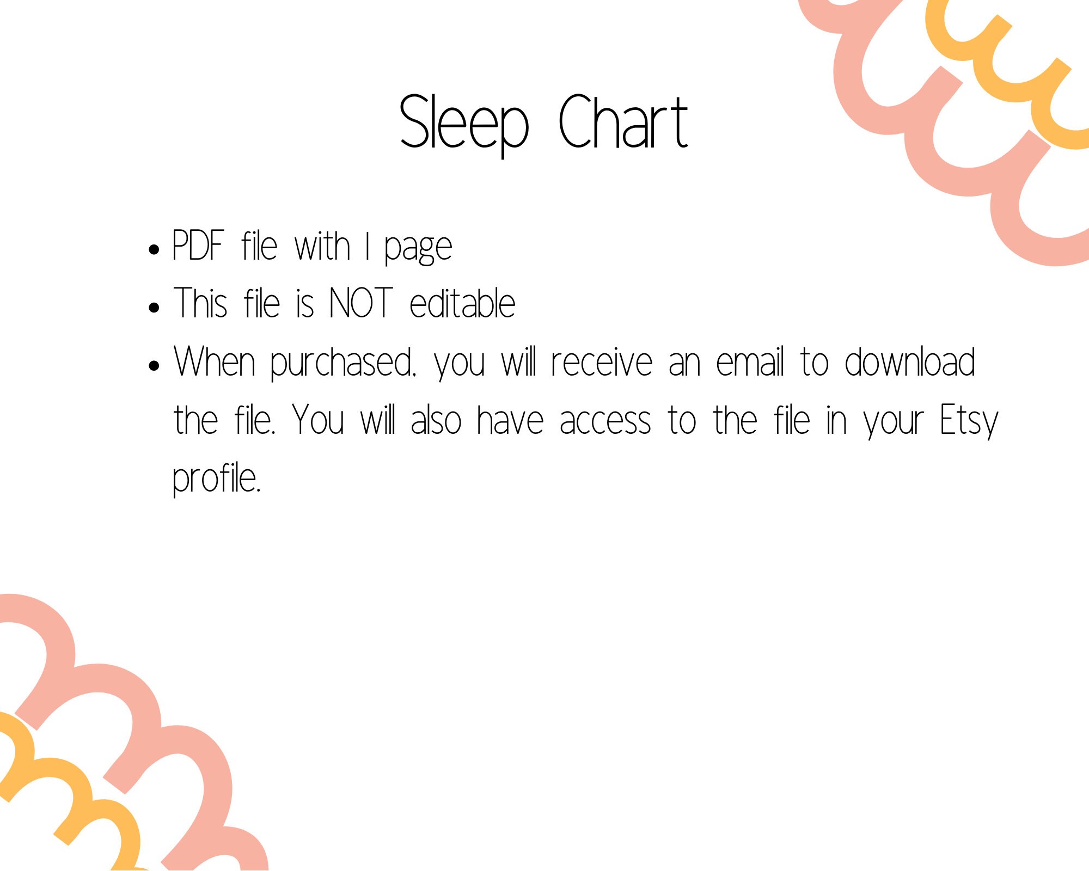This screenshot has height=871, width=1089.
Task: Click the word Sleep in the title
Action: pyautogui.click(x=464, y=122)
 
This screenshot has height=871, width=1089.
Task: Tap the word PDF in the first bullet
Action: pyautogui.click(x=198, y=246)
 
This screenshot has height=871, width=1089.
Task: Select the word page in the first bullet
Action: pyautogui.click(x=418, y=248)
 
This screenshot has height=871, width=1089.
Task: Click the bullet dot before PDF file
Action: pyautogui.click(x=154, y=249)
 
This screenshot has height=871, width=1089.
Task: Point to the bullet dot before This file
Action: pyautogui.click(x=154, y=307)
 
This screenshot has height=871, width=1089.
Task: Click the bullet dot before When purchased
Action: pyautogui.click(x=154, y=365)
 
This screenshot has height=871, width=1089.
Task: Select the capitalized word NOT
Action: pyautogui.click(x=361, y=303)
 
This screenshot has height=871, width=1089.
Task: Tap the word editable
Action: pyautogui.click(x=462, y=303)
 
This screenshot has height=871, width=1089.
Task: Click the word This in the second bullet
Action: pyautogui.click(x=200, y=303)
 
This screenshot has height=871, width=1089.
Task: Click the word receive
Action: pyautogui.click(x=601, y=363)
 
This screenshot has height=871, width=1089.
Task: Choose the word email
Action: pyautogui.click(x=750, y=361)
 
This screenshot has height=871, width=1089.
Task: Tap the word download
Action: pyautogui.click(x=909, y=361)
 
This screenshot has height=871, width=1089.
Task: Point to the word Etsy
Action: pyautogui.click(x=969, y=421)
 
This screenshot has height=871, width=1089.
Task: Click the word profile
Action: pyautogui.click(x=217, y=479)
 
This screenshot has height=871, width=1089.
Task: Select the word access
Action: pyautogui.click(x=605, y=421)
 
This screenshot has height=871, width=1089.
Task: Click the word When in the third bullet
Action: pyautogui.click(x=215, y=361)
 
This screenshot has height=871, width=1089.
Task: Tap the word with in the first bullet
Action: pyautogui.click(x=322, y=246)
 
